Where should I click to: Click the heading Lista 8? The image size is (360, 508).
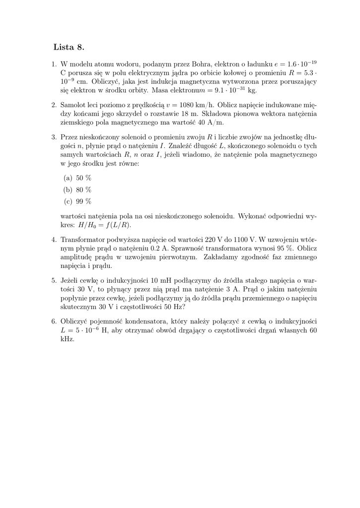[69, 48]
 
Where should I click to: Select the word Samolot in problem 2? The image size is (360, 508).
[74, 105]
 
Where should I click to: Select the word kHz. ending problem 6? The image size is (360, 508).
[67, 339]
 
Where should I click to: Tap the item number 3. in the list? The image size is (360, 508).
[55, 137]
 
